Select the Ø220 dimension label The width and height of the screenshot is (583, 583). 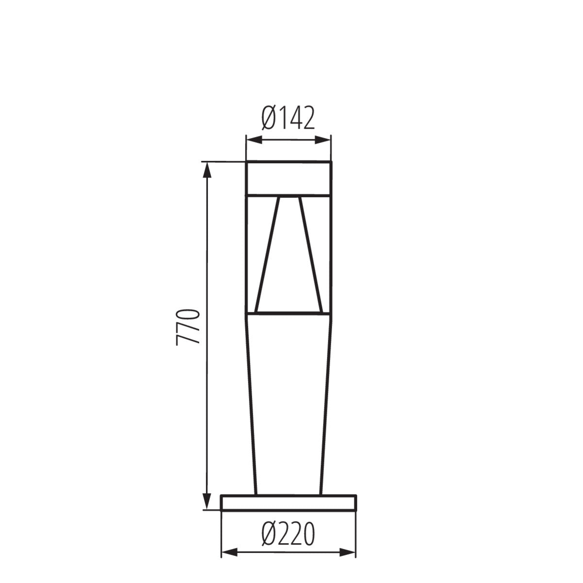coord(289,535)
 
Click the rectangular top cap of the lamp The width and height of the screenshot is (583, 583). coord(289,178)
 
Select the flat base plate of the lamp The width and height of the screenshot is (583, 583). coord(289,503)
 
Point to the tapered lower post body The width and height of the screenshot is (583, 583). coord(289,403)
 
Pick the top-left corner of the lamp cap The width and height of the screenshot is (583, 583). coord(246,162)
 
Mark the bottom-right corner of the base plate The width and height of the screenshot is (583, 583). coord(356,510)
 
